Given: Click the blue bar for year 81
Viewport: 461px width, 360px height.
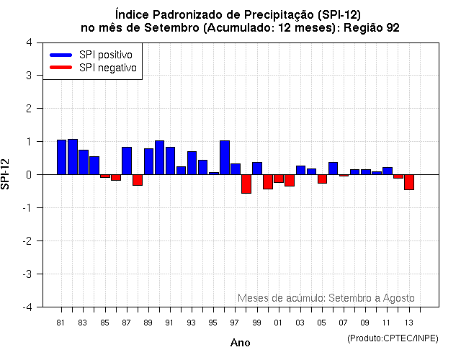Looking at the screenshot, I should pyautogui.click(x=61, y=157).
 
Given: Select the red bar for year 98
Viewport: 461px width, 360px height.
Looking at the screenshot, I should pyautogui.click(x=246, y=184).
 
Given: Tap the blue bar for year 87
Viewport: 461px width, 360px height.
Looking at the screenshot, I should pyautogui.click(x=127, y=161).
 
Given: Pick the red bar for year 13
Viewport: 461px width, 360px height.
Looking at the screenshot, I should pyautogui.click(x=409, y=182).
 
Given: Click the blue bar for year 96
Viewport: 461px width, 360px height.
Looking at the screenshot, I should pyautogui.click(x=225, y=158).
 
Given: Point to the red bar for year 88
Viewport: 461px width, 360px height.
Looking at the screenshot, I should pyautogui.click(x=138, y=180).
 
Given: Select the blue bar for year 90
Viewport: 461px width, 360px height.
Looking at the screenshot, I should pyautogui.click(x=159, y=158).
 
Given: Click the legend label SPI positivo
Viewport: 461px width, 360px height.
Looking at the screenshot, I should pyautogui.click(x=110, y=55).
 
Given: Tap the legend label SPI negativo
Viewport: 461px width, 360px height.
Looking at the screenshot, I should pyautogui.click(x=112, y=68).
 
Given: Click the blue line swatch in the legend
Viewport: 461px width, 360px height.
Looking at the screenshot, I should pyautogui.click(x=61, y=55).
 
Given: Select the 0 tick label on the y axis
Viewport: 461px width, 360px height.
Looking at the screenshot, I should pyautogui.click(x=28, y=174).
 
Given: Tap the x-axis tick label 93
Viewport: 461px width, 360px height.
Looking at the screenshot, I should pyautogui.click(x=192, y=323).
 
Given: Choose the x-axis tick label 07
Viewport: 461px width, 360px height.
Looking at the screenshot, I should pyautogui.click(x=344, y=323).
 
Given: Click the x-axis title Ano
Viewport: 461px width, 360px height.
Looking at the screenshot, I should pyautogui.click(x=240, y=343).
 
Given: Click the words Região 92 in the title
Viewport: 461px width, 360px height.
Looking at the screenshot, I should pyautogui.click(x=372, y=27).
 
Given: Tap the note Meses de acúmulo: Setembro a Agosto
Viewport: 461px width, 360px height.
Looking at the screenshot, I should pyautogui.click(x=326, y=298).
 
